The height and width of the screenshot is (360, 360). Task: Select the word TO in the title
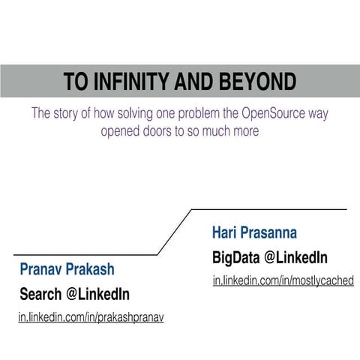pos(74,82)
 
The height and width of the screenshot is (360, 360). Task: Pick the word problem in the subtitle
pos(209,114)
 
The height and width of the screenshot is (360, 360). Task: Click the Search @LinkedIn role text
pos(74,293)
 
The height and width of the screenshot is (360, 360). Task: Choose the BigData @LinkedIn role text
pos(270,258)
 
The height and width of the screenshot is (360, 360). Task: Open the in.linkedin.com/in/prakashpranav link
pos(91,317)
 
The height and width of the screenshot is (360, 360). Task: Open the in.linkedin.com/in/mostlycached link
pos(283,281)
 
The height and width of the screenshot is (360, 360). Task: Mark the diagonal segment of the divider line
pos(175,232)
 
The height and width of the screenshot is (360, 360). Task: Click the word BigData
pos(235,258)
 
